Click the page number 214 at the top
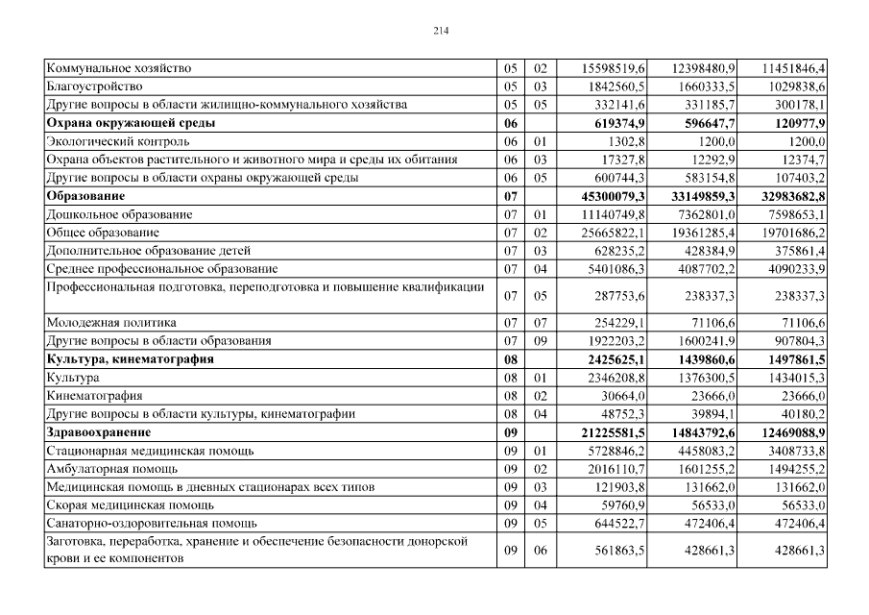[x=441, y=31]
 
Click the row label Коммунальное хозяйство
[x=119, y=68]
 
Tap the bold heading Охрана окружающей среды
[x=131, y=123]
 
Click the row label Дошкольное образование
[x=119, y=214]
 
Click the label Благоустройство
[x=93, y=86]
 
